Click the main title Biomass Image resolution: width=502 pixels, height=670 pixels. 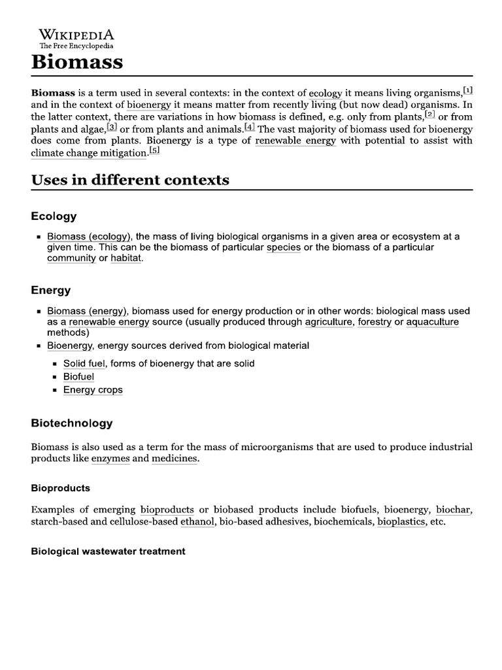[x=77, y=62]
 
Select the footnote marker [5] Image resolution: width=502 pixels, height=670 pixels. [x=154, y=150]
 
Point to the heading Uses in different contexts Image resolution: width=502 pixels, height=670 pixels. [x=130, y=180]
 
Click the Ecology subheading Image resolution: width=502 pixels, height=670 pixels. [x=54, y=216]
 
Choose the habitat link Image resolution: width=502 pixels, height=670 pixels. [x=125, y=258]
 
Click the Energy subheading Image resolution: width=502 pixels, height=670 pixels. [x=51, y=290]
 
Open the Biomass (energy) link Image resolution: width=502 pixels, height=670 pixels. [x=87, y=311]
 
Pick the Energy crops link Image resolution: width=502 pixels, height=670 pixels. [x=93, y=390]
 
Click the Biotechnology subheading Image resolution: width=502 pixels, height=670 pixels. [x=72, y=423]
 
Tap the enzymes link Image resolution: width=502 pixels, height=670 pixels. [x=110, y=459]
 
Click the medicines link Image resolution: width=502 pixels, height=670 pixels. [x=174, y=459]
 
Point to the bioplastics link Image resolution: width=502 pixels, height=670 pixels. [x=401, y=523]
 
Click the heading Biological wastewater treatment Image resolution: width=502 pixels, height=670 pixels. [x=109, y=552]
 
